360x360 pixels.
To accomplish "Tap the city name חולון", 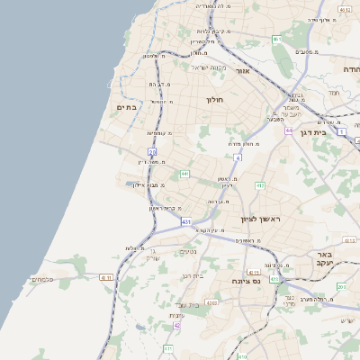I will click(214, 100).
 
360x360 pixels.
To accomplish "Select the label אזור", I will click(242, 70).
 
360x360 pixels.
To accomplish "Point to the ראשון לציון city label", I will click(260, 219).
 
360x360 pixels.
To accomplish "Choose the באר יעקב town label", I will click(325, 259).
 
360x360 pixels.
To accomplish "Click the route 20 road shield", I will click(152, 151).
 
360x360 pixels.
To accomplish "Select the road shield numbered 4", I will click(238, 158).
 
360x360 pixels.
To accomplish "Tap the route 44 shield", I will click(289, 130).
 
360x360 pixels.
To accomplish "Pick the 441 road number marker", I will click(184, 174).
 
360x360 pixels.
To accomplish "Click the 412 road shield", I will click(260, 185).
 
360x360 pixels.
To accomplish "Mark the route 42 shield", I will click(176, 325).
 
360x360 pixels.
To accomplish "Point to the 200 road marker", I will click(341, 286).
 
